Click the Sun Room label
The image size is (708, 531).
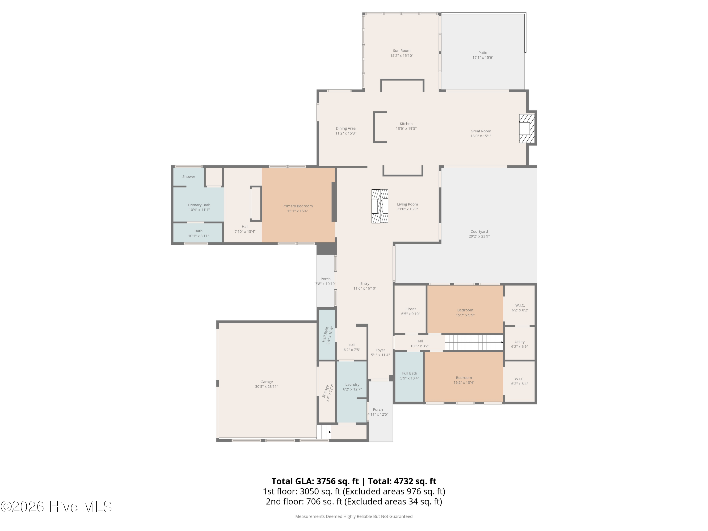pos(401,51)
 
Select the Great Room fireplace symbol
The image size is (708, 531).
pos(527,128)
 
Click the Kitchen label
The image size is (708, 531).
pos(406,124)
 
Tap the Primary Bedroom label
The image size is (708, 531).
pos(297,206)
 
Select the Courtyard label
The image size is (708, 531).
pos(479,232)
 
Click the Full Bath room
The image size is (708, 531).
pos(409,376)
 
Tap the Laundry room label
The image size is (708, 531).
pos(352,384)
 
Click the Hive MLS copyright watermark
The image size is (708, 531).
pos(56,506)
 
